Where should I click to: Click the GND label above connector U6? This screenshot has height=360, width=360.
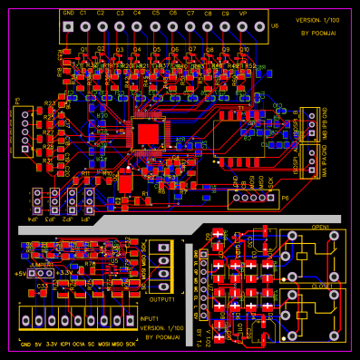tap(69, 13)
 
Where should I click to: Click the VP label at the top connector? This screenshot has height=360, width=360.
tap(242, 13)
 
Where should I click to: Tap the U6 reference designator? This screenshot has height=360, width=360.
tap(275, 27)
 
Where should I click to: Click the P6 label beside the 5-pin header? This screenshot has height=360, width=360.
tap(285, 197)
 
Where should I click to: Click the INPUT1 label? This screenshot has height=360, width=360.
tap(149, 318)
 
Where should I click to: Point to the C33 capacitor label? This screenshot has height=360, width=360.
tap(42, 286)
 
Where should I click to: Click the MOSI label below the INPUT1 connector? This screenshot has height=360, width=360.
tap(103, 345)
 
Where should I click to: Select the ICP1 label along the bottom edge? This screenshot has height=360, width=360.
tap(63, 345)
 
